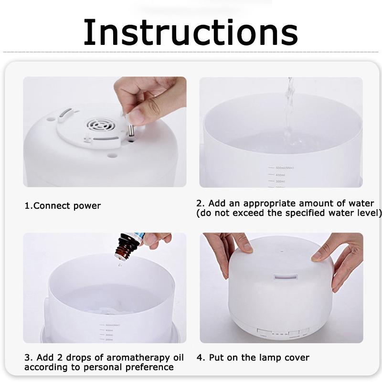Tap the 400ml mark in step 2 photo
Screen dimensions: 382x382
(x=279, y=175)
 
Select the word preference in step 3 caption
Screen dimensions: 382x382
(x=149, y=367)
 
